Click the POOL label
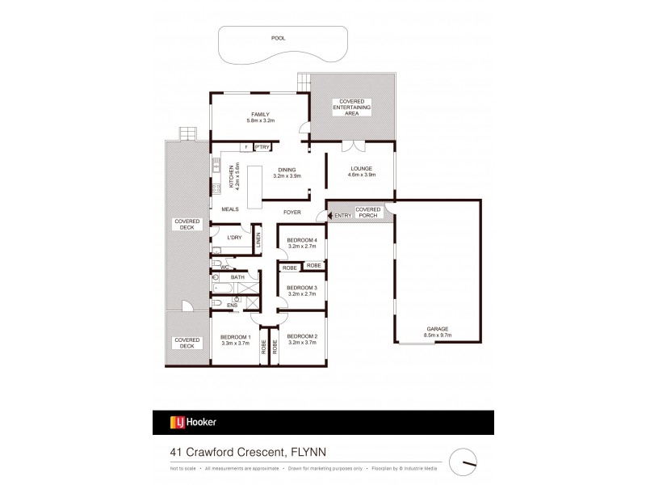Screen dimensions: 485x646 click(x=278, y=38)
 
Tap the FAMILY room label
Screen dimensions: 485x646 click(x=260, y=114)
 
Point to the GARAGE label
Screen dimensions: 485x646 click(x=438, y=328)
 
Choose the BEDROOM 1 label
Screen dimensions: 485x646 click(x=237, y=336)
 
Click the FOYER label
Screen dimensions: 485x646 click(x=292, y=212)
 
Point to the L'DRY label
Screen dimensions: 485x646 click(x=234, y=237)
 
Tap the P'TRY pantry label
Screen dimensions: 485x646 click(x=262, y=147)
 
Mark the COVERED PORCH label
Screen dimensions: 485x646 click(x=368, y=213)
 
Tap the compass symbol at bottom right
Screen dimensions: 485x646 click(x=465, y=462)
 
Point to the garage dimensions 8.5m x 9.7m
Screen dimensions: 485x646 click(x=438, y=335)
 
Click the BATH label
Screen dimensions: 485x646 click(x=237, y=278)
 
